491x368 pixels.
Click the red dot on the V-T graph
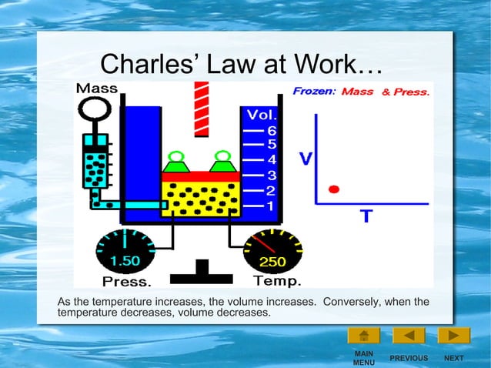pos(333,189)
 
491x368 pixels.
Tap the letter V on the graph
pos(306,159)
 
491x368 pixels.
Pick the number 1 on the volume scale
pos(271,206)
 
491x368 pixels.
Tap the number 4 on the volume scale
pos(271,160)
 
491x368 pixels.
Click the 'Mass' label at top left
pos(96,89)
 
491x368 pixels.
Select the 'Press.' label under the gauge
pos(127,281)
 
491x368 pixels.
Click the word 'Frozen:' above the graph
pos(314,91)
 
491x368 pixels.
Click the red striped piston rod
pos(202,108)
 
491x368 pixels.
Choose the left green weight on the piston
pos(175,162)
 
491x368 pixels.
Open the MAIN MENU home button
pos(363,336)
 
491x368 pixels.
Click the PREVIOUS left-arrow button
pos(409,336)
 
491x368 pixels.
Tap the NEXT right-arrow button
pos(454,336)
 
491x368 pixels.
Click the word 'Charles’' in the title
pos(144,63)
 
